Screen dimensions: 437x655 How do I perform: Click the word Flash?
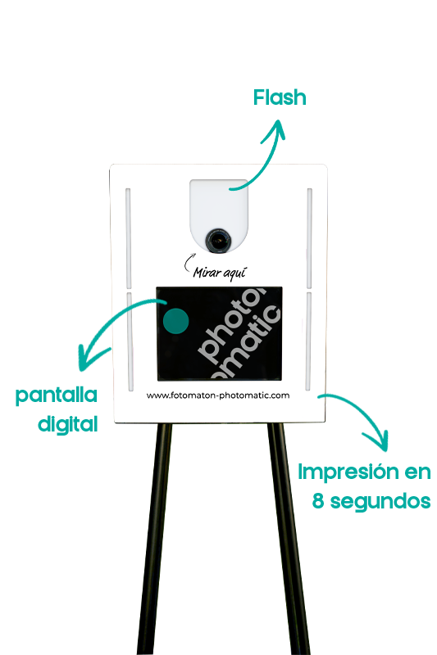tap(280, 97)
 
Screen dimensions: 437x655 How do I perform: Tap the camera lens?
tap(218, 241)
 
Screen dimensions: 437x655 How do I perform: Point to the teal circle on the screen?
tap(175, 321)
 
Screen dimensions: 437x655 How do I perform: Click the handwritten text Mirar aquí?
tap(220, 273)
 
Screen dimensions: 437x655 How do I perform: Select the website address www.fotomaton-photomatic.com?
tap(218, 395)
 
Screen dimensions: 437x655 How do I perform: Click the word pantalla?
tap(57, 395)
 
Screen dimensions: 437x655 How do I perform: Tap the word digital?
tap(68, 424)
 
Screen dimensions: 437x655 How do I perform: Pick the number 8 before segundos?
tap(318, 501)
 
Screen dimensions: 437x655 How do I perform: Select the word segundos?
tap(380, 502)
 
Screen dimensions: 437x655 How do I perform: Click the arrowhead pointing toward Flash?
tap(275, 130)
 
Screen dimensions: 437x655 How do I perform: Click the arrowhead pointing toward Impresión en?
tap(379, 440)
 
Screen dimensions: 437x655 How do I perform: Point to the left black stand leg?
tap(155, 539)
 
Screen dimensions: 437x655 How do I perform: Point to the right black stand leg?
tap(289, 539)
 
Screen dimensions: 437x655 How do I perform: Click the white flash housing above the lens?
tap(218, 205)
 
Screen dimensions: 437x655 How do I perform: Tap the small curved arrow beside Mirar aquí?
tap(189, 262)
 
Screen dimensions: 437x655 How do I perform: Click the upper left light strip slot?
tap(129, 238)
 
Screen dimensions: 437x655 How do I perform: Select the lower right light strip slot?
tap(308, 341)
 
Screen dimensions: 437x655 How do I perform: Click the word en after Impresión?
tap(417, 472)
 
